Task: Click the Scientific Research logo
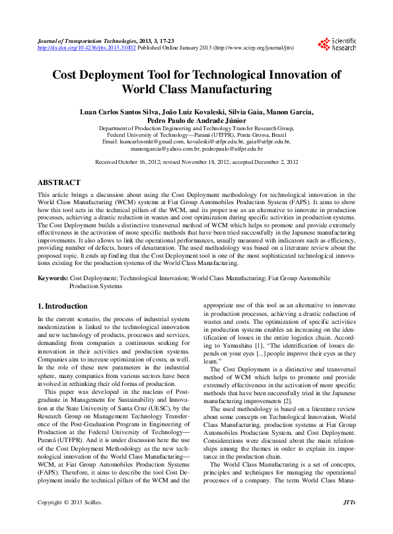[337, 44]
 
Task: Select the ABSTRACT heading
[59, 182]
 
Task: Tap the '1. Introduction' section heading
[63, 306]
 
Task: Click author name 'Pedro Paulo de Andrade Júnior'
[196, 120]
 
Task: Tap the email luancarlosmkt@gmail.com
[151, 141]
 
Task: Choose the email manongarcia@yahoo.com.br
[165, 149]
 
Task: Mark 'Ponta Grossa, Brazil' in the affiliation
[246, 135]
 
